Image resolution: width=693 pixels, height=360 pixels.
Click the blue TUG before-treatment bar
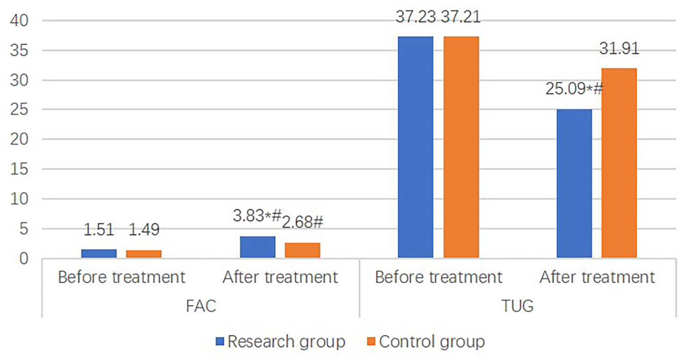(415, 147)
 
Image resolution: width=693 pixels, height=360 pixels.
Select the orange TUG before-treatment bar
(461, 147)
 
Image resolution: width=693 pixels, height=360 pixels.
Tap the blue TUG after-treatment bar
(574, 183)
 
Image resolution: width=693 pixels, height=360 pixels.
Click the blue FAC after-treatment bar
(257, 247)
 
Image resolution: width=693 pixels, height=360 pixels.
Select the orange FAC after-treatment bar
(302, 250)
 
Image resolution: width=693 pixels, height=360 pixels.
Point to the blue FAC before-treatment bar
(99, 253)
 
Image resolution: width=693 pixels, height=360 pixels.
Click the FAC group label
(201, 307)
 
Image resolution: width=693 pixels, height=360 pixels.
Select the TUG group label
(517, 307)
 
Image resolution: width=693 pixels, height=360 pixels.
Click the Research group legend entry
(287, 341)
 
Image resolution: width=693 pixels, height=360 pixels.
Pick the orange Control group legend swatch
(372, 341)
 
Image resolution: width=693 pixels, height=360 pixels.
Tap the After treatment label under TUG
(597, 277)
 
